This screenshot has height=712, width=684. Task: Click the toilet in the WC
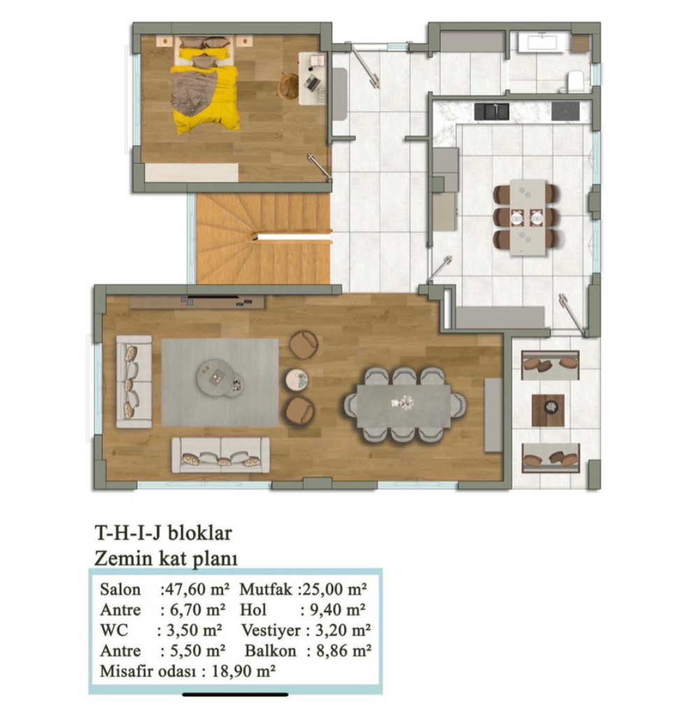pyautogui.click(x=575, y=81)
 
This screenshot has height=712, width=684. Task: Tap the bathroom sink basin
pyautogui.click(x=541, y=43)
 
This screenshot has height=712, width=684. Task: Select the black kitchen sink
pyautogui.click(x=491, y=111)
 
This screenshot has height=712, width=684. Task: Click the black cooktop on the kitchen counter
pyautogui.click(x=565, y=111)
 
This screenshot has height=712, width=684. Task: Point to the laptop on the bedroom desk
pyautogui.click(x=312, y=82)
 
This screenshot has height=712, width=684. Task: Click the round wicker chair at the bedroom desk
pyautogui.click(x=287, y=85)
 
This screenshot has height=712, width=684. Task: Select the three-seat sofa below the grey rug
pyautogui.click(x=221, y=455)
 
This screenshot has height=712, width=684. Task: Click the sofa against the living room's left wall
pyautogui.click(x=134, y=382)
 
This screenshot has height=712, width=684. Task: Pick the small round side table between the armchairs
pyautogui.click(x=296, y=379)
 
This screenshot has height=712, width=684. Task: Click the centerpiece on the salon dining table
pyautogui.click(x=404, y=402)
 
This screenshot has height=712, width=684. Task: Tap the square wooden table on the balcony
pyautogui.click(x=548, y=410)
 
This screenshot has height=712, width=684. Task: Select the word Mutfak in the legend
pyautogui.click(x=265, y=590)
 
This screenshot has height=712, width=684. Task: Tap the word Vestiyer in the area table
pyautogui.click(x=270, y=630)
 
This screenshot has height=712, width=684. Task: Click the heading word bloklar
pyautogui.click(x=200, y=532)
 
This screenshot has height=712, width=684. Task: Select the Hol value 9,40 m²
pyautogui.click(x=337, y=610)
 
